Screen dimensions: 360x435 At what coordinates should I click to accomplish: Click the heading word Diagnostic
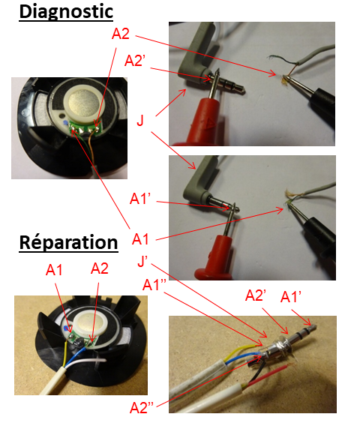coord(66,12)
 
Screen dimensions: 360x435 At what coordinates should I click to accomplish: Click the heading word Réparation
coord(68,242)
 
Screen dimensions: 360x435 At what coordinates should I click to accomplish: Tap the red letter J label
coord(140,121)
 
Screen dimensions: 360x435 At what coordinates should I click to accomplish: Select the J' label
coord(142,261)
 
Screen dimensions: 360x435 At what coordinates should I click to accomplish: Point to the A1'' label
coord(154,284)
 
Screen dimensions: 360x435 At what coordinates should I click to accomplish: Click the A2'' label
coord(142,407)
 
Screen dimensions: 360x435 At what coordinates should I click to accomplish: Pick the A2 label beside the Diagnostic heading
coord(121,34)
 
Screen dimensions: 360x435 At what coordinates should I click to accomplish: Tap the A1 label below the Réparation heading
coord(54,270)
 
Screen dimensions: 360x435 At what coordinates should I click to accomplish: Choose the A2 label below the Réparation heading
coord(100,268)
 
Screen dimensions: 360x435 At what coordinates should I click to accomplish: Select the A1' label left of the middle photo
coord(140,199)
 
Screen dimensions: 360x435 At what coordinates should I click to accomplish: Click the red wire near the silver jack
coord(266,375)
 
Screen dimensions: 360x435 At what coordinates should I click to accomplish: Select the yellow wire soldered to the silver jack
coord(240,352)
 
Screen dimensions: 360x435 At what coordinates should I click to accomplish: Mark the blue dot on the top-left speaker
coord(65,122)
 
